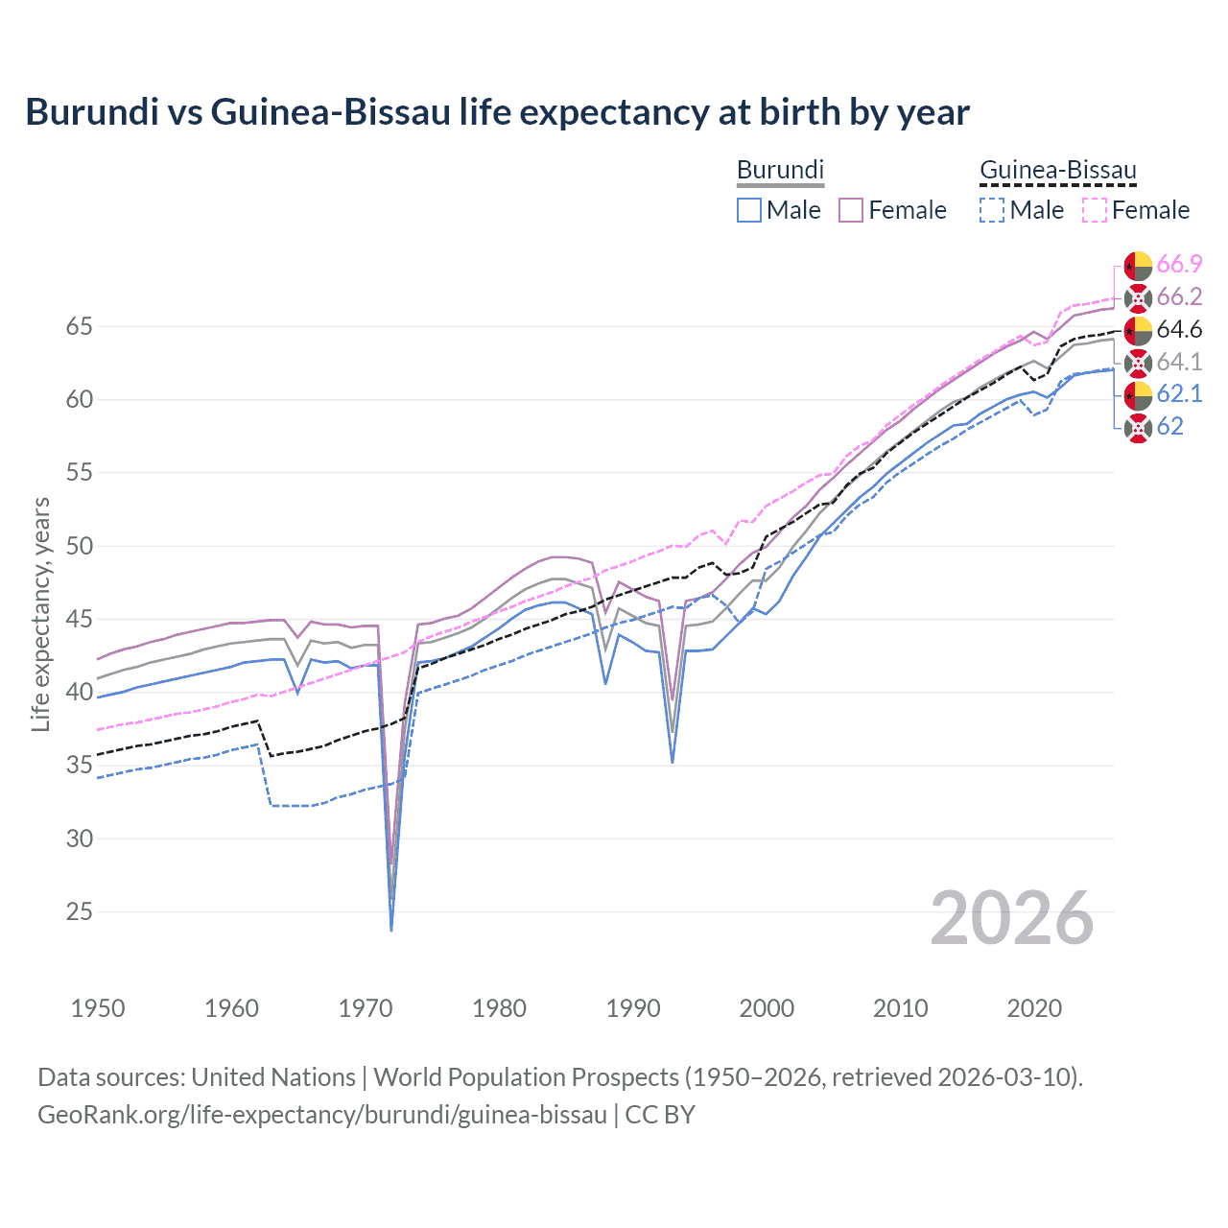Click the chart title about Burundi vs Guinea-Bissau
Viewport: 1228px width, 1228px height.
pyautogui.click(x=497, y=112)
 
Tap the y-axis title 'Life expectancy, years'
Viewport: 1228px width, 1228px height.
pyautogui.click(x=40, y=614)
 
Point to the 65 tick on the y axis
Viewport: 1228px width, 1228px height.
pyautogui.click(x=79, y=326)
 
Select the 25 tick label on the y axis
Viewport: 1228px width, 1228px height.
pyautogui.click(x=79, y=911)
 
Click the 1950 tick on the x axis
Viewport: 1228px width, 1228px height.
pyautogui.click(x=98, y=1008)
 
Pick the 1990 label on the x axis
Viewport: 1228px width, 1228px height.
pyautogui.click(x=633, y=1008)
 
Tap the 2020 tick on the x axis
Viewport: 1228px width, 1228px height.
pyautogui.click(x=1034, y=1008)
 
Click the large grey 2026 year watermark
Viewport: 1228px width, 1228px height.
pyautogui.click(x=1011, y=918)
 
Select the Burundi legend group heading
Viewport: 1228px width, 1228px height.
pyautogui.click(x=780, y=170)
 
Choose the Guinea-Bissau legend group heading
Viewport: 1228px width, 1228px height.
pyautogui.click(x=1057, y=171)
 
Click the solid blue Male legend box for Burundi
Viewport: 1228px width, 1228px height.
pyautogui.click(x=749, y=210)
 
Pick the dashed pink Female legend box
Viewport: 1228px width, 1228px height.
pyautogui.click(x=1095, y=210)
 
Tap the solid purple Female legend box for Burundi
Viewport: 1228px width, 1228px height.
pyautogui.click(x=851, y=210)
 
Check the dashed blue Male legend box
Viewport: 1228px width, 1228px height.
pyautogui.click(x=992, y=210)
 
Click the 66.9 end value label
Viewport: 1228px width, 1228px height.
pyautogui.click(x=1179, y=264)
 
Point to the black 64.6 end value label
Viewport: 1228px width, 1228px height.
pyautogui.click(x=1179, y=329)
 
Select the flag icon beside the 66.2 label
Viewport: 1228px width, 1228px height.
pyautogui.click(x=1138, y=297)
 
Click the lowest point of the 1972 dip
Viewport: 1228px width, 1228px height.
pyautogui.click(x=391, y=930)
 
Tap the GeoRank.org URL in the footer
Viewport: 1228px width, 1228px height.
pyautogui.click(x=322, y=1115)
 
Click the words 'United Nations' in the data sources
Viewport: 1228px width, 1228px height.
pyautogui.click(x=273, y=1077)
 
